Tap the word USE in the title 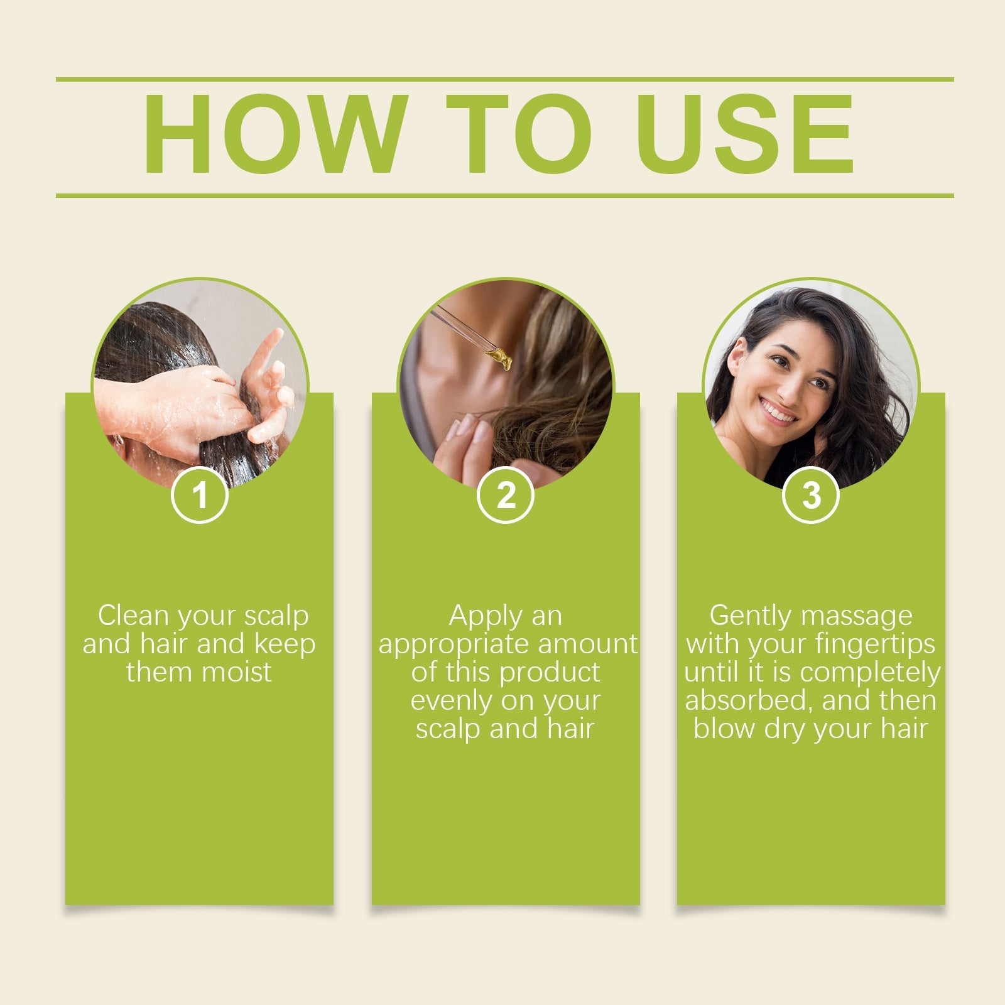(x=745, y=134)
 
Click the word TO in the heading (x=519, y=134)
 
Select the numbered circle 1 (x=200, y=495)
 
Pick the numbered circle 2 (x=506, y=495)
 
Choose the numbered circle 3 (x=811, y=495)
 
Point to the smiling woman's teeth (x=778, y=413)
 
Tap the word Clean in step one (x=133, y=616)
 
